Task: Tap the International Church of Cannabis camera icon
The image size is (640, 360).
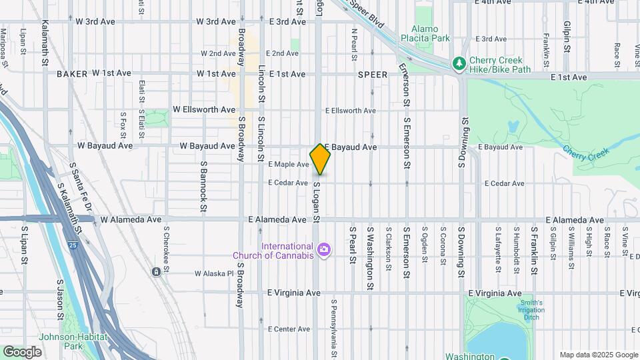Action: [324, 250]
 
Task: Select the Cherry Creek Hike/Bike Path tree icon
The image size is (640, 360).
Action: [459, 63]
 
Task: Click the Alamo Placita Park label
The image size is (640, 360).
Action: [425, 33]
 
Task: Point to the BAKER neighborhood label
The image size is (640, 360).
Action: [72, 74]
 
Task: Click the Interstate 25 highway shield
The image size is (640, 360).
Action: [71, 245]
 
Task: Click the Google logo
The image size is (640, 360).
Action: [23, 351]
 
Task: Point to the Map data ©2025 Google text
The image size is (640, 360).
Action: [598, 355]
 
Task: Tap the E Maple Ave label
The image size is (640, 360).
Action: [288, 164]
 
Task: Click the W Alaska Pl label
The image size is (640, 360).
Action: [214, 273]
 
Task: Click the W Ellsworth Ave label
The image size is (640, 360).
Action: [204, 109]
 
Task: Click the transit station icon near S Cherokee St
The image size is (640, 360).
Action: [155, 271]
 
